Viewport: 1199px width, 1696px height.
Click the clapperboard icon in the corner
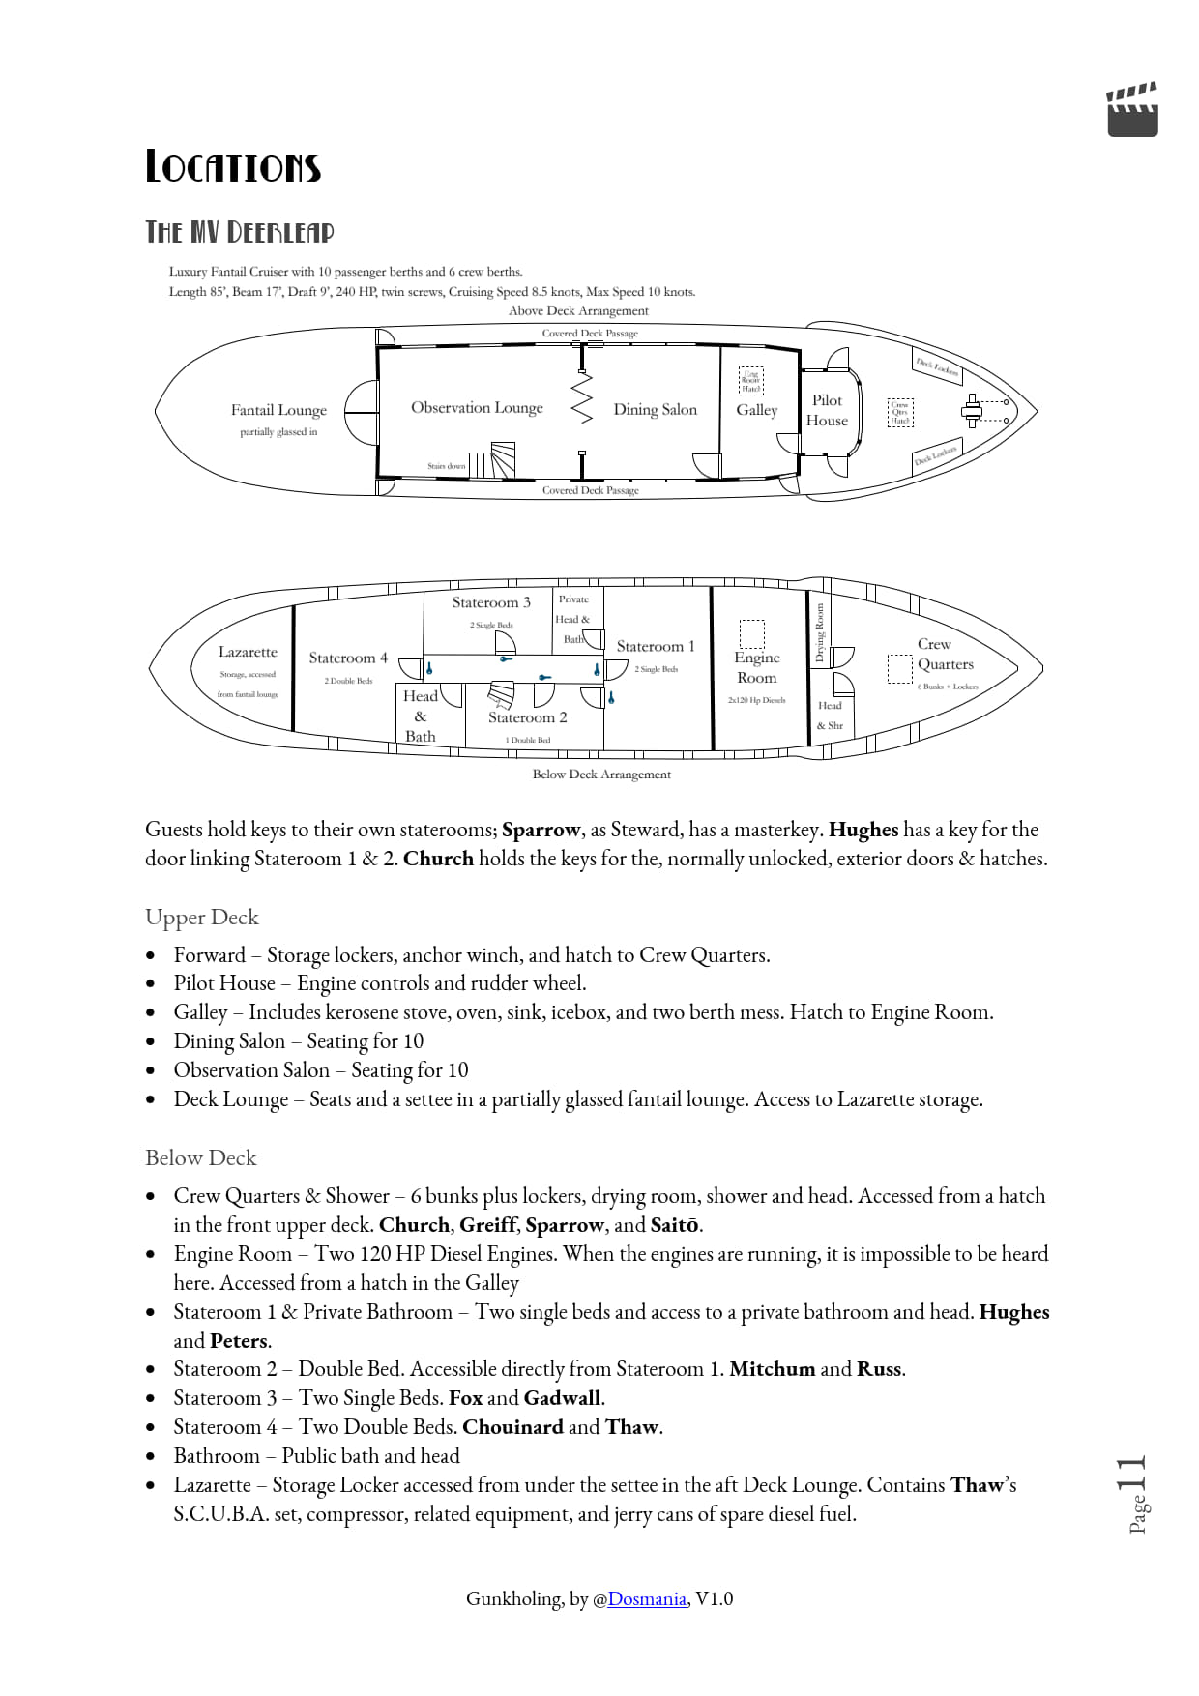pyautogui.click(x=1132, y=110)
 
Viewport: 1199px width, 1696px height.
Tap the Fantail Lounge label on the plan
pyautogui.click(x=278, y=410)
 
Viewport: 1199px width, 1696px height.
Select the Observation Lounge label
pyautogui.click(x=477, y=408)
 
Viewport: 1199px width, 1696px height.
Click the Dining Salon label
pyautogui.click(x=655, y=410)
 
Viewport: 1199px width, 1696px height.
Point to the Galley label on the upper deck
pyautogui.click(x=756, y=410)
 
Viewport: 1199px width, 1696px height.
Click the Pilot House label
pyautogui.click(x=827, y=410)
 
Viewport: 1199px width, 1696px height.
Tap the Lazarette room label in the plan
pyautogui.click(x=248, y=653)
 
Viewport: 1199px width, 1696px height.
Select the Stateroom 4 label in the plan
pyautogui.click(x=348, y=658)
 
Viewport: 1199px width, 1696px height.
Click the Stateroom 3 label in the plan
pyautogui.click(x=491, y=602)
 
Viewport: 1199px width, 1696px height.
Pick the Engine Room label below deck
pyautogui.click(x=757, y=667)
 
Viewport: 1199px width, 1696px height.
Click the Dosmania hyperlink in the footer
pyautogui.click(x=647, y=1598)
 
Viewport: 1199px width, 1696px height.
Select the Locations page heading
pyautogui.click(x=233, y=167)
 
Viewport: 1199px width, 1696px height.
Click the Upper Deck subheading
pyautogui.click(x=202, y=917)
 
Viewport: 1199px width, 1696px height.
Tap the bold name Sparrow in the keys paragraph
pyautogui.click(x=541, y=830)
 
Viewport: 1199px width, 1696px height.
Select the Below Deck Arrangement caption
pyautogui.click(x=601, y=775)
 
